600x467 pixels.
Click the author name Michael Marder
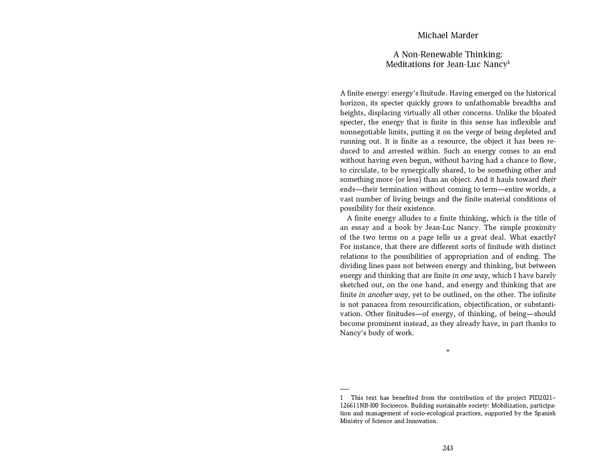click(448, 35)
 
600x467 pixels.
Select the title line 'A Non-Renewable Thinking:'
click(448, 54)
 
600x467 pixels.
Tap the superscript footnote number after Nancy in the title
click(509, 62)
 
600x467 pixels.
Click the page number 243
click(448, 448)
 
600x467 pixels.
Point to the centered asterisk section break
click(448, 351)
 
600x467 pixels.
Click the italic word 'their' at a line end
click(548, 180)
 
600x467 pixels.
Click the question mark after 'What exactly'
click(554, 237)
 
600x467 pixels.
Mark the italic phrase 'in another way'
click(383, 294)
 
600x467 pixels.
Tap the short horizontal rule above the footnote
click(344, 389)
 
